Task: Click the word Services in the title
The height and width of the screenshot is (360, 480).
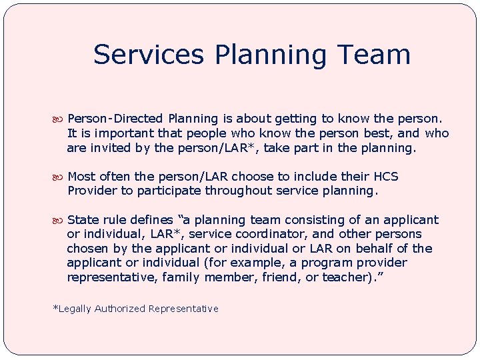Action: click(139, 55)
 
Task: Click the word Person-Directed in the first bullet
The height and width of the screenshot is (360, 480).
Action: click(116, 119)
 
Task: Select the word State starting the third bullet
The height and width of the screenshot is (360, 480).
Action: click(83, 220)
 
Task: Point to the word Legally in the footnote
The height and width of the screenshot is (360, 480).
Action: click(73, 309)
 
